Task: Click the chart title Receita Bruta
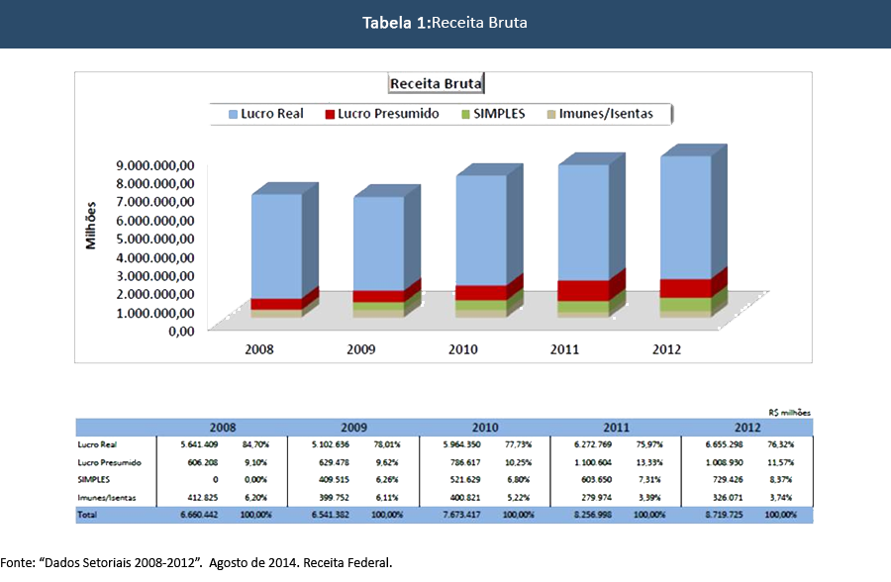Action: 436,84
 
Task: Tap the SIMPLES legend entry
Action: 496,114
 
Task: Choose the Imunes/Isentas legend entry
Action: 605,114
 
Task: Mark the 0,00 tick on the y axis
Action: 180,331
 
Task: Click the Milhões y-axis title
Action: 91,225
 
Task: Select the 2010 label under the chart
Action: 462,349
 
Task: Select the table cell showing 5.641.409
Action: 201,444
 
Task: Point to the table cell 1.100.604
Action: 597,462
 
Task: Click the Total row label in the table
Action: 88,516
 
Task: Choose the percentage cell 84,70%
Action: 255,444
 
